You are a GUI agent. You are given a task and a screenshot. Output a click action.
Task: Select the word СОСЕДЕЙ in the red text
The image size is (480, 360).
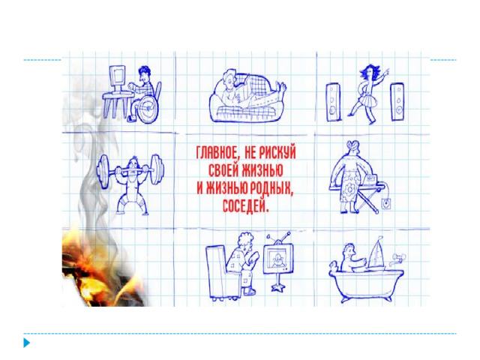245,205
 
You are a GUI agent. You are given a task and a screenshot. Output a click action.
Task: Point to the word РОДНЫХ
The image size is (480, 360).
271,187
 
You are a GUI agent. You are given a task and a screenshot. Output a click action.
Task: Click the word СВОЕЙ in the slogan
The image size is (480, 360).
223,170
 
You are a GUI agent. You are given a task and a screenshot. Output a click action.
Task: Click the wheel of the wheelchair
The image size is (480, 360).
148,109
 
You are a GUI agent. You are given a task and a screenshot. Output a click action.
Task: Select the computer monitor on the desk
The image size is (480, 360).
117,78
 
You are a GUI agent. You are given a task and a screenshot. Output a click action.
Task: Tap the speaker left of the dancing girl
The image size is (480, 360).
333,102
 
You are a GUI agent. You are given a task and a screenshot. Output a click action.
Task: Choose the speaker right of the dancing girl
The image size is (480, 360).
397,102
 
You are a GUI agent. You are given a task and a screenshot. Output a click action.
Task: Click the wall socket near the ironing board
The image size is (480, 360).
386,203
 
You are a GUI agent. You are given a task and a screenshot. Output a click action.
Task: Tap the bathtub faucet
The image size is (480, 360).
397,259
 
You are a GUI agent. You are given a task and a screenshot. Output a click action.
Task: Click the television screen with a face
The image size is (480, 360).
278,258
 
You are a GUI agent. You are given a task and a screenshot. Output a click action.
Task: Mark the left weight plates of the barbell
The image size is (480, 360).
103,170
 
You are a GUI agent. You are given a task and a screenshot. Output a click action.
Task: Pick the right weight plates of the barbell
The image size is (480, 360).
157,169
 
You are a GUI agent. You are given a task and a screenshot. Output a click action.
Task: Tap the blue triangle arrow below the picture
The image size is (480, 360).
27,343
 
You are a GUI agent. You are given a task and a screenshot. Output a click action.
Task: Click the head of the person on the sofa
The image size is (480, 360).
229,78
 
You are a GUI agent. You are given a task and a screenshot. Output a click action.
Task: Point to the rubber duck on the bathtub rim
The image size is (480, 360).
334,265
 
